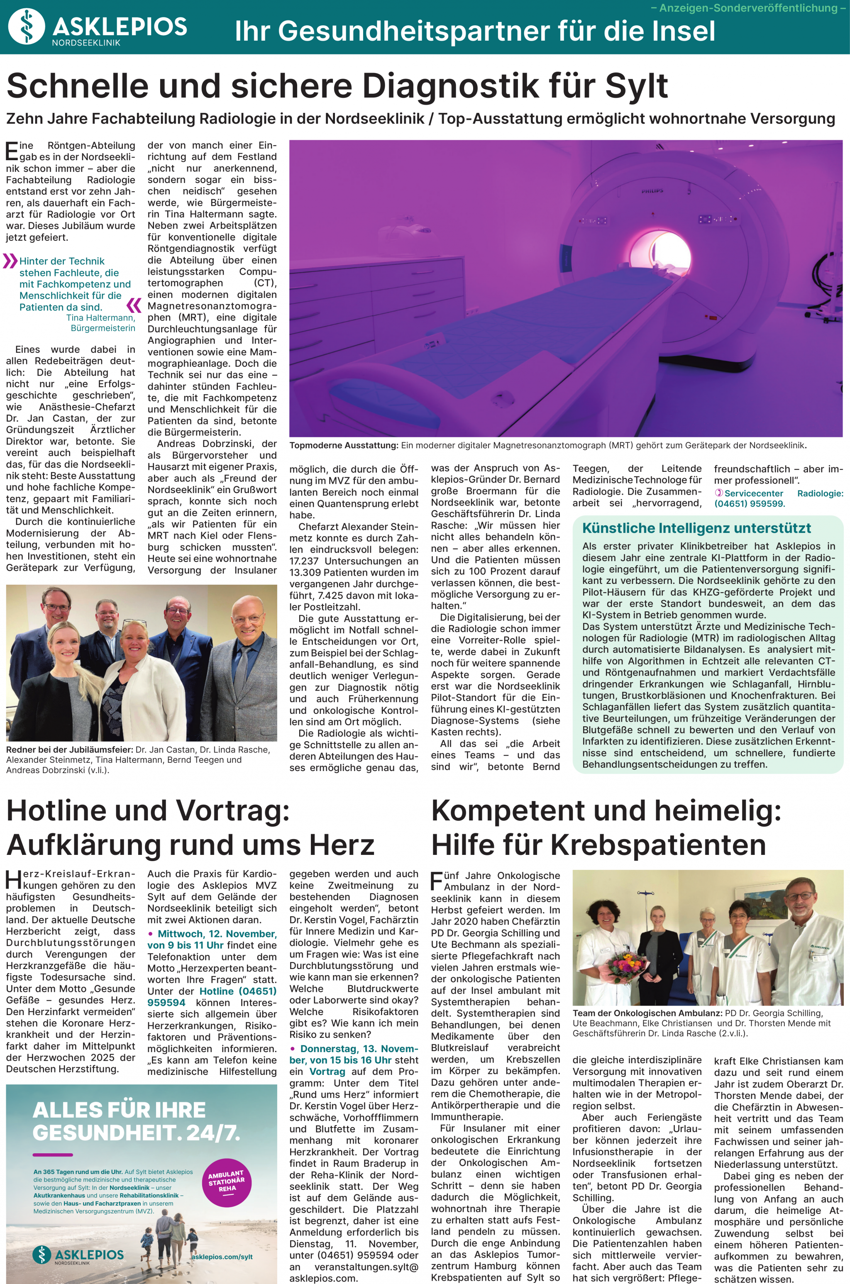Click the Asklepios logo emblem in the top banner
[27, 27]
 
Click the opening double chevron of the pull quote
[10, 261]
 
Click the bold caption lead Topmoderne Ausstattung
[344, 446]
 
